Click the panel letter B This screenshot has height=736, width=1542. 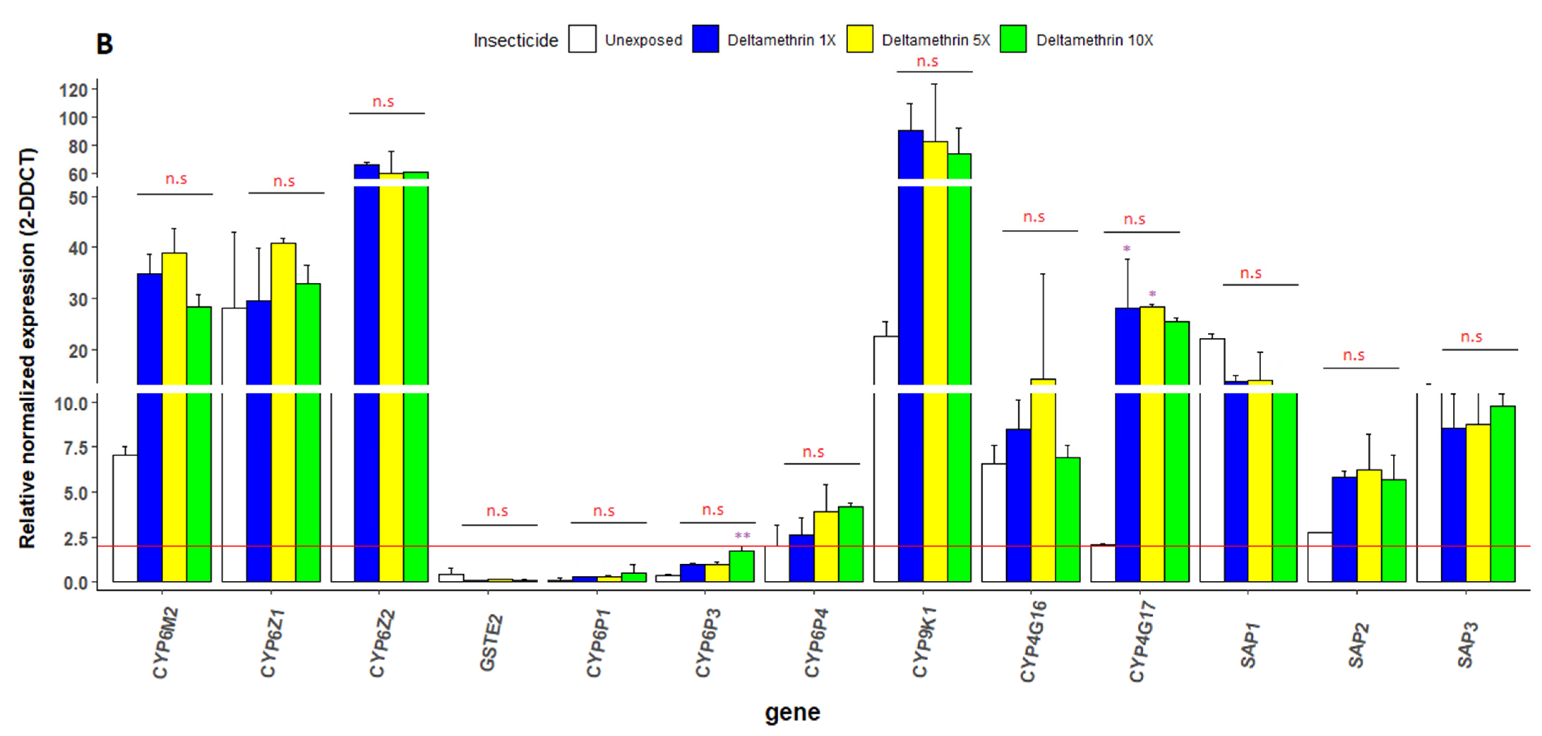click(x=104, y=44)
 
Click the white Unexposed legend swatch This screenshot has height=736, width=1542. click(x=582, y=40)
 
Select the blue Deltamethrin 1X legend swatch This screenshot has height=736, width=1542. click(x=705, y=40)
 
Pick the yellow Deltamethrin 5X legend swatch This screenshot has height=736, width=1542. click(x=860, y=40)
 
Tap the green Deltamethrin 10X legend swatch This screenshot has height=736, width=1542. click(x=1013, y=40)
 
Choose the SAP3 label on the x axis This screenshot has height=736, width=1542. click(x=1467, y=645)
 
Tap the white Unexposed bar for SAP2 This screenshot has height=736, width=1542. click(x=1319, y=556)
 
